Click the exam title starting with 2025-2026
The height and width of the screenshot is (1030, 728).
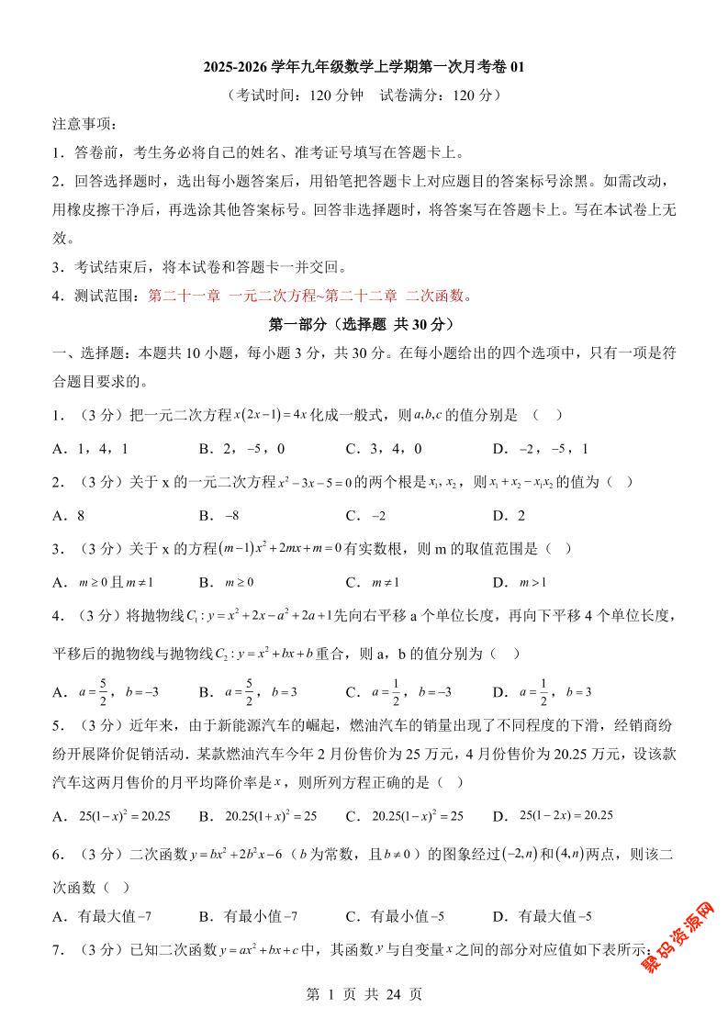pyautogui.click(x=364, y=67)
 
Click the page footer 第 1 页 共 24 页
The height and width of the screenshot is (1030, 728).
pyautogui.click(x=364, y=993)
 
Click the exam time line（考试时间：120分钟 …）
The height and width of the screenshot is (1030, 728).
pyautogui.click(x=364, y=95)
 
